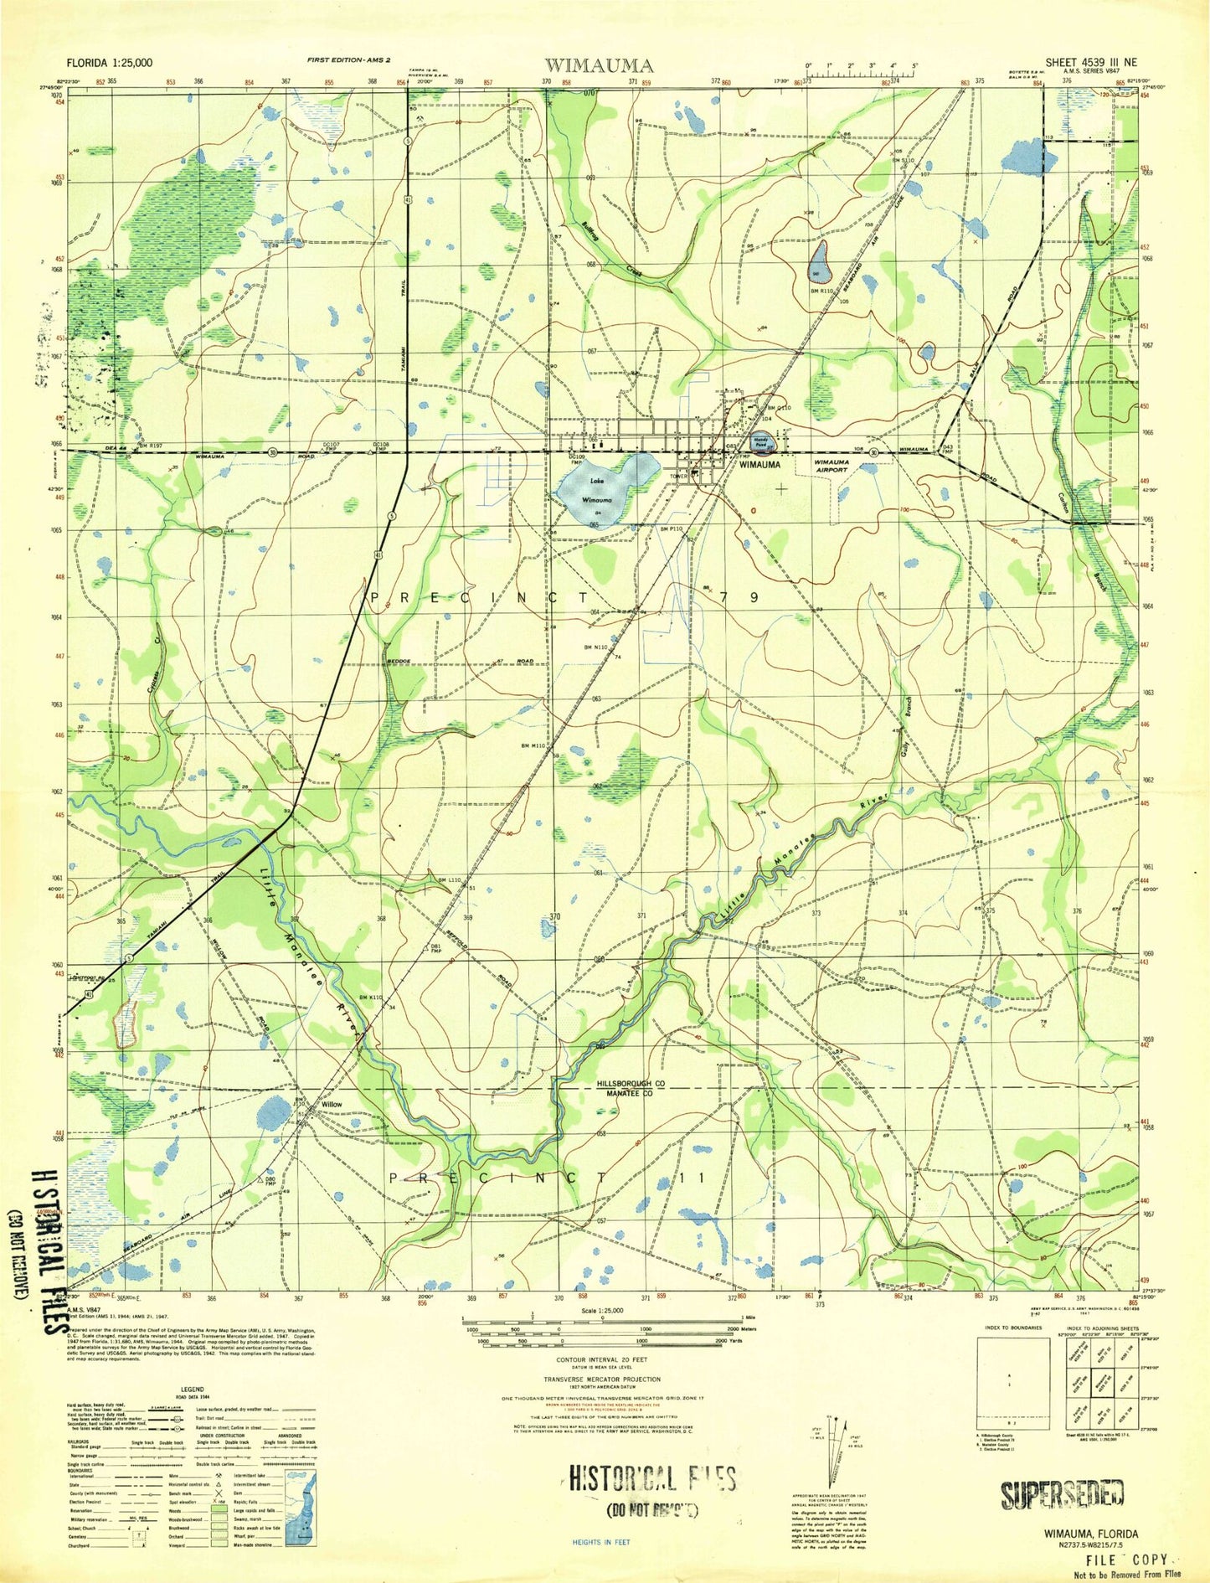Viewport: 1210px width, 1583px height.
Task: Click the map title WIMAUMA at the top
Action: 599,65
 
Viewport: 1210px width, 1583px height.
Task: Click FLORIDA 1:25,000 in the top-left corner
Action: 110,63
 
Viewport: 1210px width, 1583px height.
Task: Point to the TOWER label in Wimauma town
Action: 677,475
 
